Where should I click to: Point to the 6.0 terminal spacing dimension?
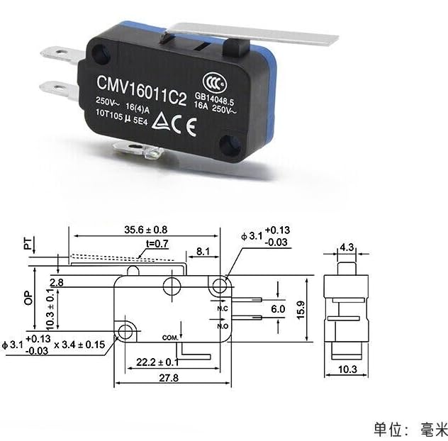click(279, 310)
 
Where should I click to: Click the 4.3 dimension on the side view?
click(346, 247)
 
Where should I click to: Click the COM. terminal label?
click(170, 336)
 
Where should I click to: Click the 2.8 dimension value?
click(57, 282)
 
